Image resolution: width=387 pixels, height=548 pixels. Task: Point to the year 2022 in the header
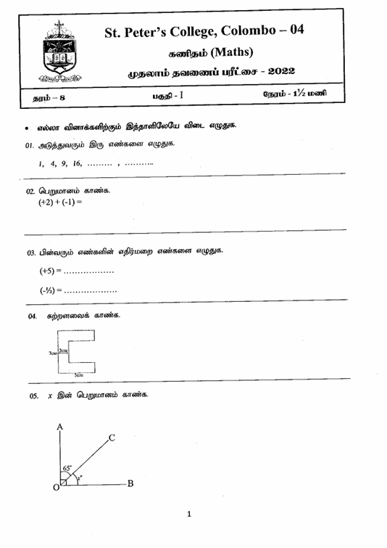coord(278,73)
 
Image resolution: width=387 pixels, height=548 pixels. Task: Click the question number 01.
coord(29,145)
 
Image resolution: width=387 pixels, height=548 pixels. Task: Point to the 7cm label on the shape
coord(51,353)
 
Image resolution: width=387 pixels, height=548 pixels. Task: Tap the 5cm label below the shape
coord(78,375)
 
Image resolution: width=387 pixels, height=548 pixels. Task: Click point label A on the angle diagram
coord(59,427)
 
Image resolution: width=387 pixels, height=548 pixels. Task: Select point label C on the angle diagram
coord(112,438)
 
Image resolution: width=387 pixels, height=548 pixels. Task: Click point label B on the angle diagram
coord(130,483)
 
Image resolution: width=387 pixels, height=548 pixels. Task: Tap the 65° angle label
coord(68,469)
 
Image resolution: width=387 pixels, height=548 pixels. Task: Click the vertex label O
coord(55,488)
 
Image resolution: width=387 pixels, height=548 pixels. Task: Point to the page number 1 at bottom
coord(190,515)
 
